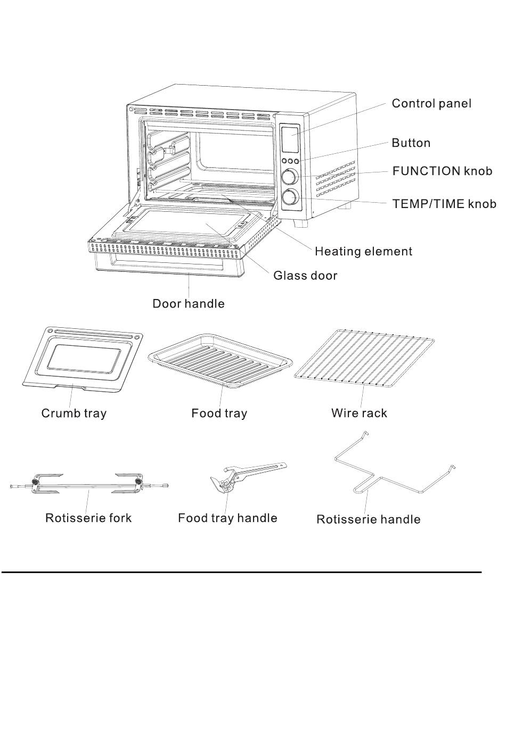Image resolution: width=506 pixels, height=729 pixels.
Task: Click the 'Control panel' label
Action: (431, 103)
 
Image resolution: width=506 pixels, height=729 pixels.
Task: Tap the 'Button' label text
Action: (411, 143)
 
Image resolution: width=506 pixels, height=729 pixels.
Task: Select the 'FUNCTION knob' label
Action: (442, 171)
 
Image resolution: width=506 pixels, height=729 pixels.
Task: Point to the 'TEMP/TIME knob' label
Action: (444, 204)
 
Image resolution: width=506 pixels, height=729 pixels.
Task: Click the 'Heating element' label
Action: (363, 251)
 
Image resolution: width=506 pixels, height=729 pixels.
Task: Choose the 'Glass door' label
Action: (305, 276)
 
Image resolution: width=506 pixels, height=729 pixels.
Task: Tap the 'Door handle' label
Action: (188, 304)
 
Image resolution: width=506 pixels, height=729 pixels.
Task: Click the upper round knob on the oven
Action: (290, 177)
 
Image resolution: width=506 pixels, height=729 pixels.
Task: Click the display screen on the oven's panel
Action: (290, 139)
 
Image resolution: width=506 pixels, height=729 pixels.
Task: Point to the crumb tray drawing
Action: (83, 357)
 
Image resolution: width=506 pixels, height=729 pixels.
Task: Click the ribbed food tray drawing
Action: (220, 362)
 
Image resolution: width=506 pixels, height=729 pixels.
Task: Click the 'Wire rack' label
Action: (359, 413)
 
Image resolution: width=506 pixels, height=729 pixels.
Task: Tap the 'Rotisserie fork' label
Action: (88, 518)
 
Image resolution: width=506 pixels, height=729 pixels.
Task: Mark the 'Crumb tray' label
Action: (74, 413)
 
